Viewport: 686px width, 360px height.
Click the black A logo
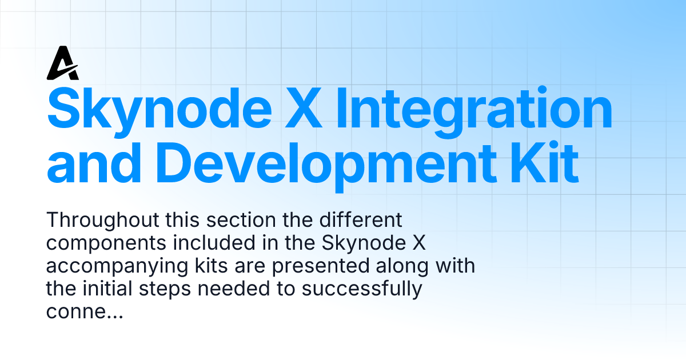[x=62, y=64]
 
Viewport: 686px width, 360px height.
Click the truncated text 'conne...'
[x=84, y=313]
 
